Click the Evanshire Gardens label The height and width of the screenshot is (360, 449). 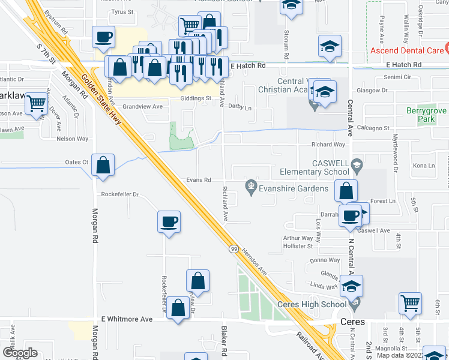[293, 188]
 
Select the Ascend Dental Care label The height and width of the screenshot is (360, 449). [410, 50]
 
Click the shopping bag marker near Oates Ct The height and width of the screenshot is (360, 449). [103, 166]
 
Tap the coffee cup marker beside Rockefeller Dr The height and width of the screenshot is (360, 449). [169, 222]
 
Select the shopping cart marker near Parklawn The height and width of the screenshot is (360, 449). [37, 104]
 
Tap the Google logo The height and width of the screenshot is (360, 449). [20, 353]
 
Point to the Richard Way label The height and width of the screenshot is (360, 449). [328, 145]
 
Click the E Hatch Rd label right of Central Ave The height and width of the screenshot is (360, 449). [405, 64]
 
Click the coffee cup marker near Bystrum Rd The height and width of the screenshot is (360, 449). [103, 37]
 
